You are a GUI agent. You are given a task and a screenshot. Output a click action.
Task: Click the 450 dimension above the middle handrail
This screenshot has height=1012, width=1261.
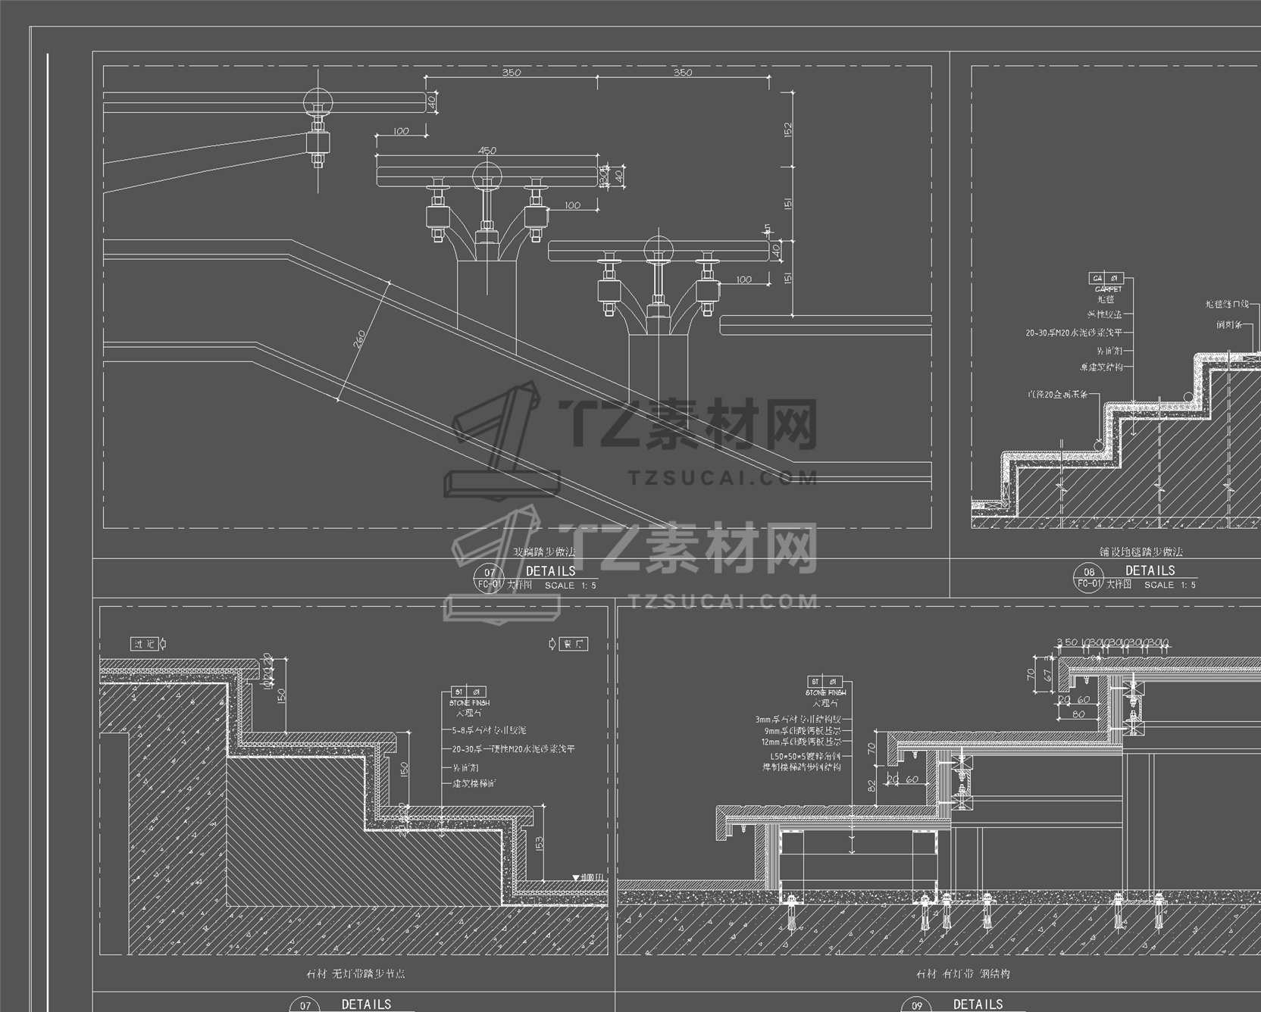(x=487, y=150)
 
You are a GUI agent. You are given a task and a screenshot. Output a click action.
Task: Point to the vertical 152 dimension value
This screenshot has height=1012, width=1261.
(x=787, y=130)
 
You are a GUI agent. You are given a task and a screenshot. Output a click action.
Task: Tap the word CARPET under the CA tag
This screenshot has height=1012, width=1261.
(x=1108, y=289)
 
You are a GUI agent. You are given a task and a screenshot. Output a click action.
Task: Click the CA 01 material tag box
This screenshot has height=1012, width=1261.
(x=1106, y=279)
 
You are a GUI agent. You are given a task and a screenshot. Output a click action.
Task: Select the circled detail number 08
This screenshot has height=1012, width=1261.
(x=1089, y=573)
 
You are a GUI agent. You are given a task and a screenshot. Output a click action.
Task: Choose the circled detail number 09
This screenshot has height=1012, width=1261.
(x=917, y=1005)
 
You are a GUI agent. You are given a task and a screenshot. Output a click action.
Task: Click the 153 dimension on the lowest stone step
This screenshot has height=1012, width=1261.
(x=539, y=842)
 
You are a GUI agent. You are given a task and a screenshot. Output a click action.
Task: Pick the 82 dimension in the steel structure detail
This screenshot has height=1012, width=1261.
(x=871, y=786)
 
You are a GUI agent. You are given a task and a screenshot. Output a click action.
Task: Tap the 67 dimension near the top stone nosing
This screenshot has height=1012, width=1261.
(x=1047, y=674)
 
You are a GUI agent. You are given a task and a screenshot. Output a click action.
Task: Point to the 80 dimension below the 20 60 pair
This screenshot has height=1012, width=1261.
(x=1078, y=714)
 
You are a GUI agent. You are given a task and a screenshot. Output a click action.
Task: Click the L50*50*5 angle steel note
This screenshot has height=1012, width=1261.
(x=806, y=756)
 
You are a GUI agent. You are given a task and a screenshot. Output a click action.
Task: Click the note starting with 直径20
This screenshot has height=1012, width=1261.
(x=1057, y=395)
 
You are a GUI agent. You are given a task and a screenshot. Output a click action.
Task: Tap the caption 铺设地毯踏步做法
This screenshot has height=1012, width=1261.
(x=1141, y=552)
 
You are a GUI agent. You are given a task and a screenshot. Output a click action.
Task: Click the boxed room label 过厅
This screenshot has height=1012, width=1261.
(x=145, y=644)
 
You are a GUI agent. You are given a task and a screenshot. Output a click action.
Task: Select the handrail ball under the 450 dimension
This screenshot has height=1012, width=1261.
(x=486, y=176)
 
